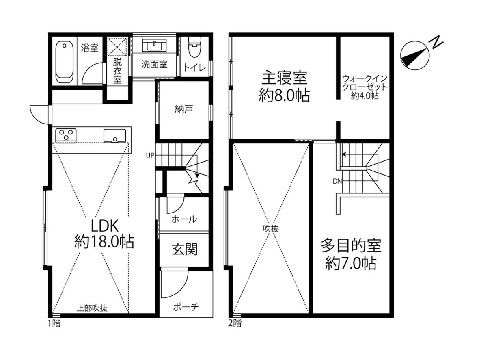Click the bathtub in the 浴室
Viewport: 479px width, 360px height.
pos(65,63)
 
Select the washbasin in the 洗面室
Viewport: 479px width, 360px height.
pos(154,45)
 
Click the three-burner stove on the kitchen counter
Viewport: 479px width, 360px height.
pos(66,135)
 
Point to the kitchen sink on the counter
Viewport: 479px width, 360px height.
pos(114,136)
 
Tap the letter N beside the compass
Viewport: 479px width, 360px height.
pos(436,42)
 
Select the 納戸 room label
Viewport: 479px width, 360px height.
pos(184,109)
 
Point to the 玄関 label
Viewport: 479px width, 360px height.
pos(185,249)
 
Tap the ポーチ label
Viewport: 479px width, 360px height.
pos(186,306)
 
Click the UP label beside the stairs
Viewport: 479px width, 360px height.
pos(150,155)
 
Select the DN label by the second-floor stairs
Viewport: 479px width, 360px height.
pos(337,181)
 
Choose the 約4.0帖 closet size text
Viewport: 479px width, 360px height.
pos(365,95)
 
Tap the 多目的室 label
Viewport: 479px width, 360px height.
pos(351,245)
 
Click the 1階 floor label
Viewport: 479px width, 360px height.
pos(54,323)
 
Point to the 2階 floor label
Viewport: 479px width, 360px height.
pos(235,323)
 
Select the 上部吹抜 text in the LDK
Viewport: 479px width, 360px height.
pos(92,308)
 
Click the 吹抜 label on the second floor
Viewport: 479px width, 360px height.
pos(271,228)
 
